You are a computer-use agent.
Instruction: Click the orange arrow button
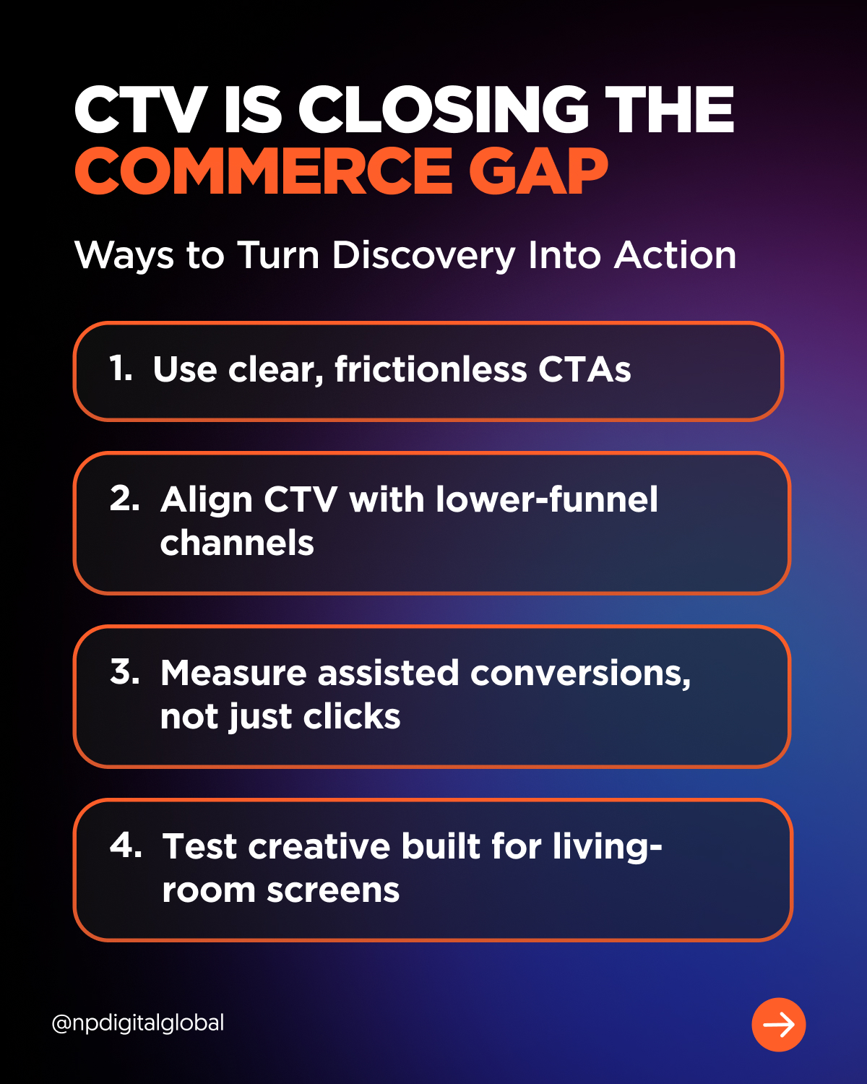[778, 1025]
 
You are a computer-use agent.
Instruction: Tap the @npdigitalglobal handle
[137, 1023]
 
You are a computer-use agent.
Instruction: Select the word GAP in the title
[538, 171]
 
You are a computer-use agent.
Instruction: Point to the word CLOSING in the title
[444, 109]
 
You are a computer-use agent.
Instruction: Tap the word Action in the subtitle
[675, 255]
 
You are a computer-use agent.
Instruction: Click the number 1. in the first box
[121, 369]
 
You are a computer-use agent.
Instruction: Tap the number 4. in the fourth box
[126, 845]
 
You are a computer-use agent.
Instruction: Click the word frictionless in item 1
[431, 369]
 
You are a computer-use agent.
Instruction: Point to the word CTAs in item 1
[585, 369]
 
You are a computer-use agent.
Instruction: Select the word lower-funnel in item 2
[547, 499]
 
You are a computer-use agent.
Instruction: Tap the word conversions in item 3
[580, 674]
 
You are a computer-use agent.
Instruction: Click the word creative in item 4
[319, 846]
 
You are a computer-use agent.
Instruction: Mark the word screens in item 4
[333, 891]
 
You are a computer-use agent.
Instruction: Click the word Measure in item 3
[233, 673]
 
